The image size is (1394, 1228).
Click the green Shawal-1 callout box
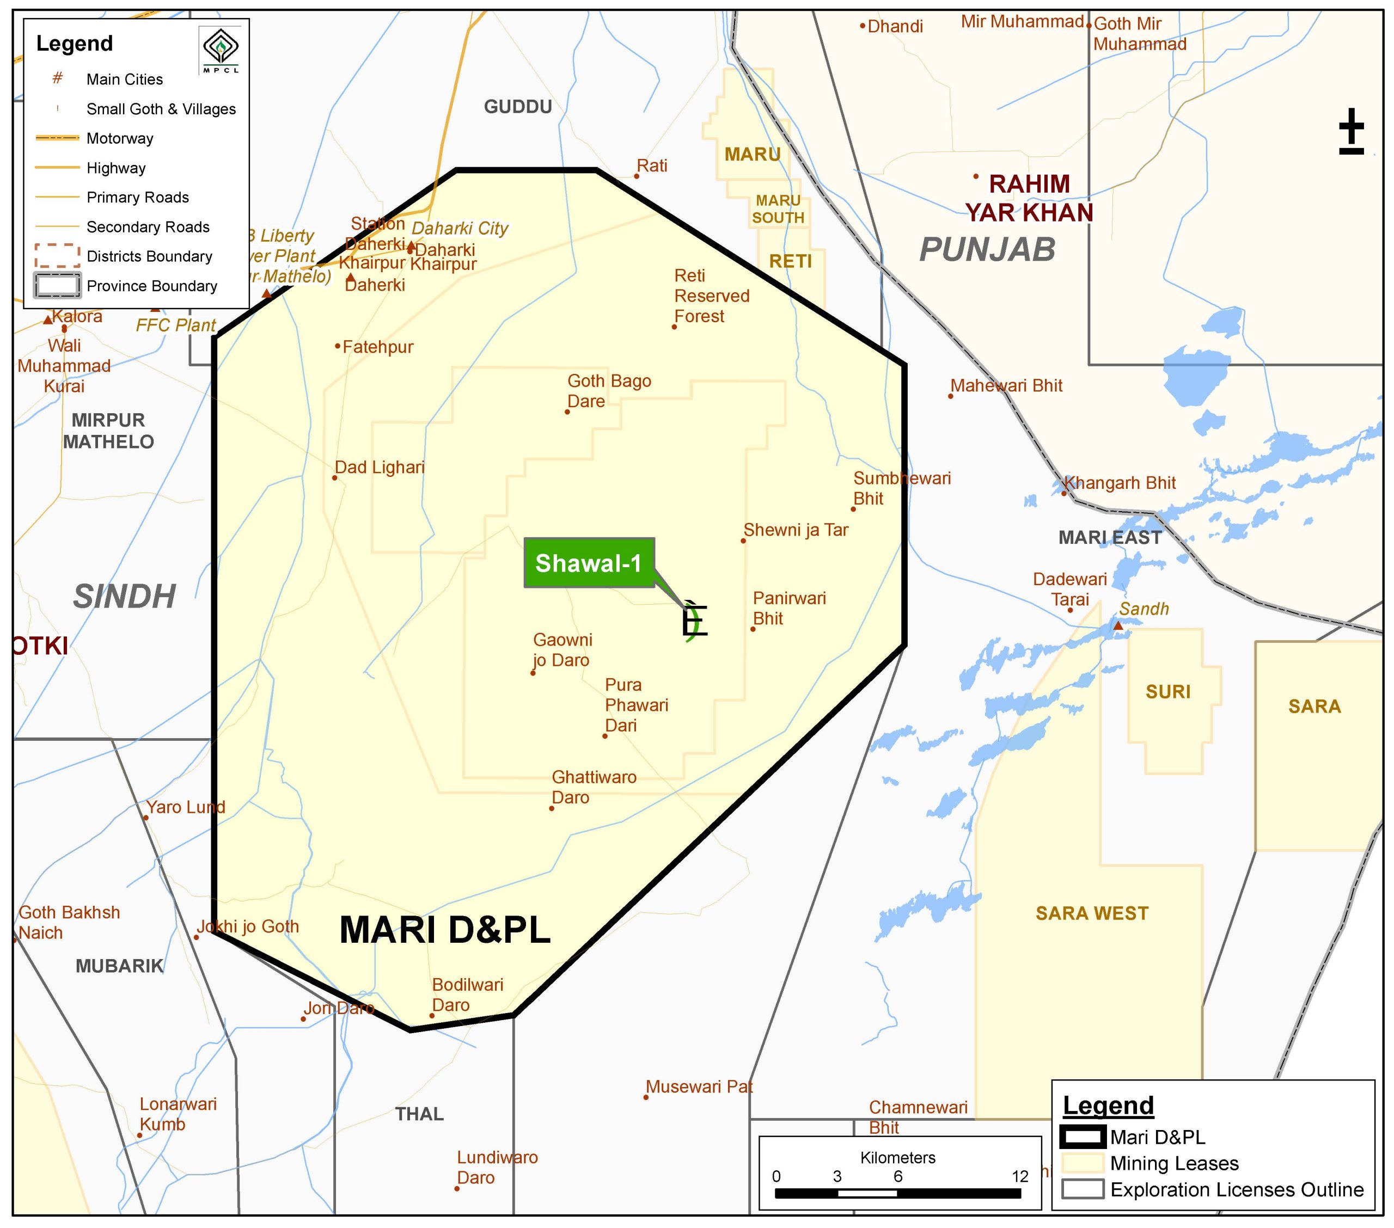(589, 563)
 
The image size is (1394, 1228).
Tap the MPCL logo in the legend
(221, 50)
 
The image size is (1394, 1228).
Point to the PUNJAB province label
(987, 249)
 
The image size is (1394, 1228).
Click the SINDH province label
(124, 597)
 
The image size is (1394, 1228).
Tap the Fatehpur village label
(377, 347)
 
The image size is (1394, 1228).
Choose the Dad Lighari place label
(379, 468)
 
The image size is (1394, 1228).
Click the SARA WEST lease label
(1092, 914)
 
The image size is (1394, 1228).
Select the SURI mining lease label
(1167, 692)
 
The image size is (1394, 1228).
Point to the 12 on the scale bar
(1019, 1176)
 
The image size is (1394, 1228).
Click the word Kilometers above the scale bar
(897, 1158)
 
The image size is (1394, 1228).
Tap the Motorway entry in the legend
(119, 138)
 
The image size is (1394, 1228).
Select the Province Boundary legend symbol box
(57, 286)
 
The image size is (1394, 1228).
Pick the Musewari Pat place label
(699, 1087)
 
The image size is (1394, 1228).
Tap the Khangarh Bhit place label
(1120, 483)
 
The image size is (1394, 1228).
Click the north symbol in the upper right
(1351, 131)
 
